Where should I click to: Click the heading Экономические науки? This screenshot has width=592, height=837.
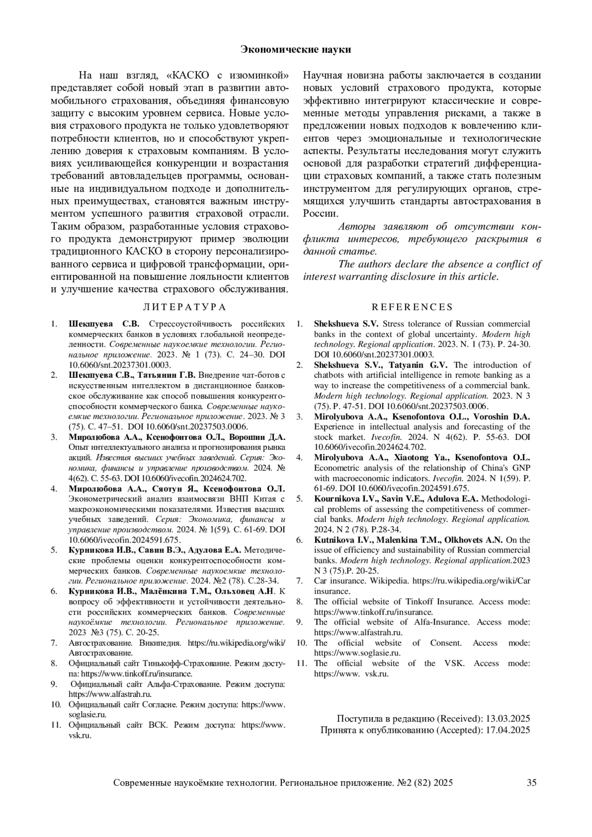(296, 49)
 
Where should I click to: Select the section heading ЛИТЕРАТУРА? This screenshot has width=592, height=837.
(184, 307)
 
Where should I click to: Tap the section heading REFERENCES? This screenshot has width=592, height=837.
(412, 307)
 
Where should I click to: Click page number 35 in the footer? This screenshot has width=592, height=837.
(531, 782)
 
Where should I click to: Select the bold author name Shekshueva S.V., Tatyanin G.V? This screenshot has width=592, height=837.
(380, 365)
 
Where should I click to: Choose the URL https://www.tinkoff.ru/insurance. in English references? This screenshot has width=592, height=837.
(373, 612)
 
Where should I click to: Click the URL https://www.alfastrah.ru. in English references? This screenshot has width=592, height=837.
(358, 632)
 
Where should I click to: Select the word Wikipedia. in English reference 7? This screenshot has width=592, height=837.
(390, 581)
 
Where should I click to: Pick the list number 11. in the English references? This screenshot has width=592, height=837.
(301, 663)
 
